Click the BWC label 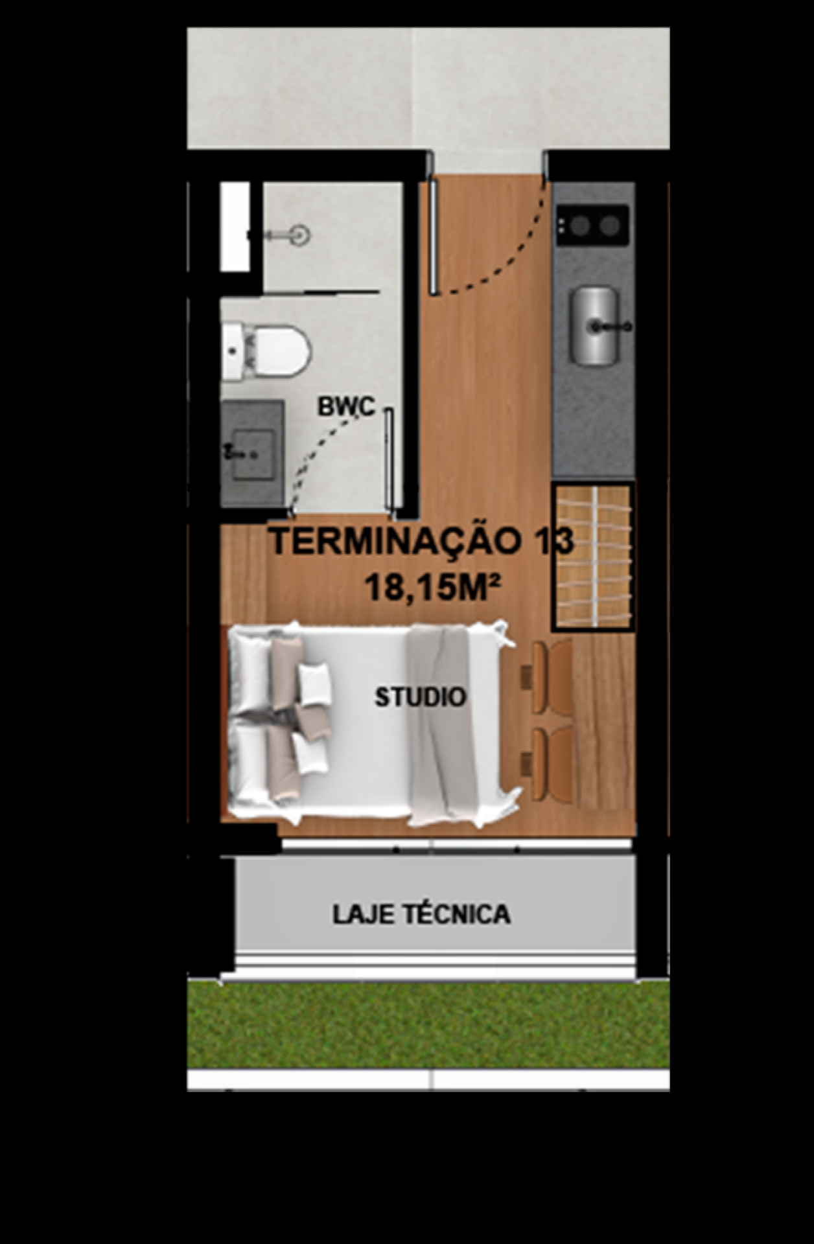coord(346,406)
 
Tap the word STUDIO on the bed coord(421,697)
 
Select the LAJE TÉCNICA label coord(421,914)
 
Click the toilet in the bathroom coord(266,351)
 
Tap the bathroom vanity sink coord(252,452)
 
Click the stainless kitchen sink coord(594,326)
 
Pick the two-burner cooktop coord(593,225)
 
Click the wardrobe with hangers coord(592,557)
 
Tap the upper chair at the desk coord(548,677)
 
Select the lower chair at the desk coord(548,765)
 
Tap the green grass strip coord(428,1024)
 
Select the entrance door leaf coord(434,236)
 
